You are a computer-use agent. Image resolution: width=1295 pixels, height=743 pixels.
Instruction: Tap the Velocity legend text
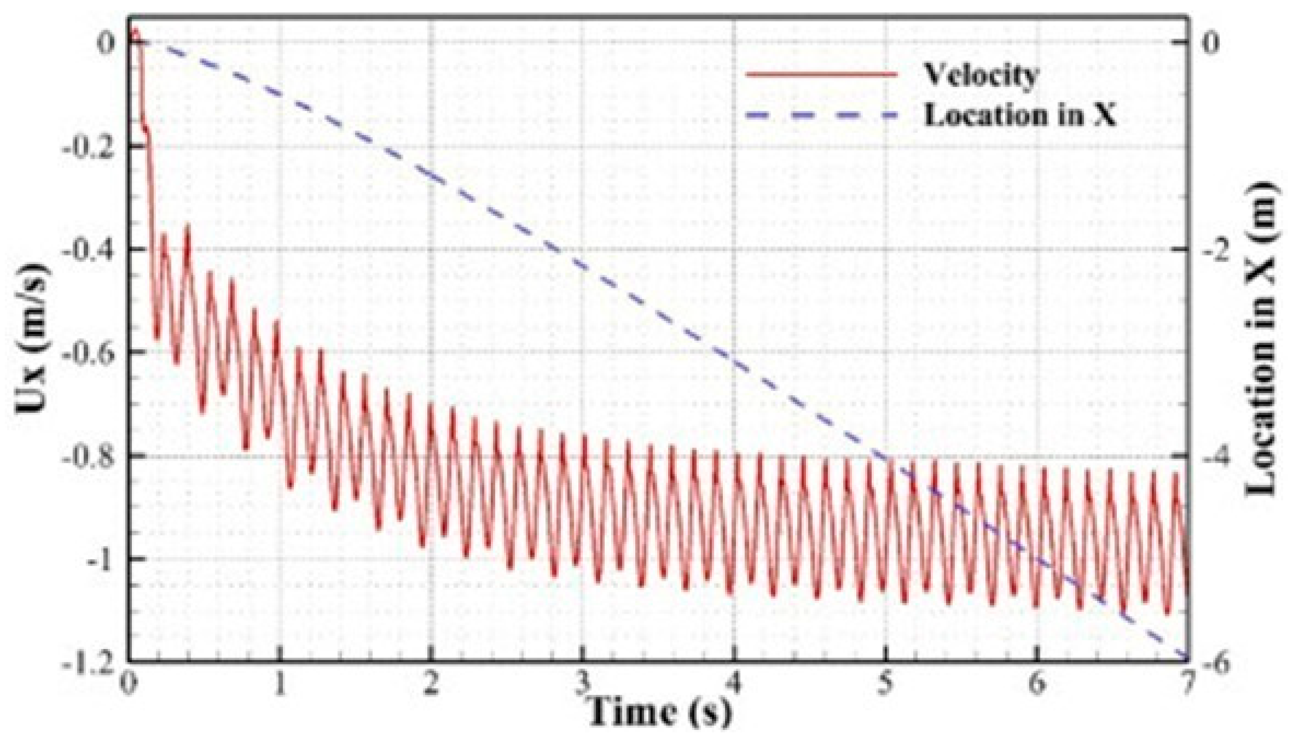(981, 75)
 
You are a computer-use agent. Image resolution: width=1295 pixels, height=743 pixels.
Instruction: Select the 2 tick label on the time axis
(432, 684)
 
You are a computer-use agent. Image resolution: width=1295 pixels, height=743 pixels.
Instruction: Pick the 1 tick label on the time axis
(280, 684)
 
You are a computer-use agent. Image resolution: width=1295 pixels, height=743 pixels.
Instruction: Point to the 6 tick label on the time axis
(1037, 684)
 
